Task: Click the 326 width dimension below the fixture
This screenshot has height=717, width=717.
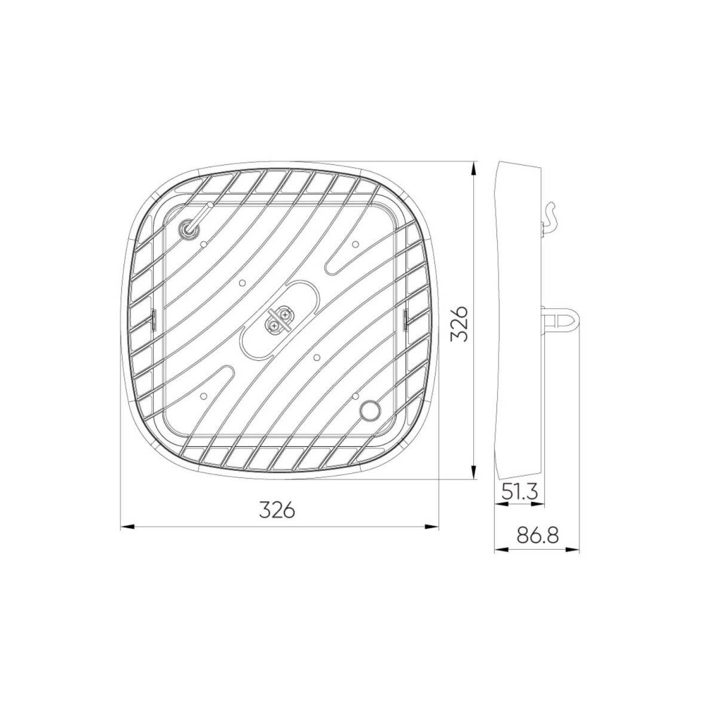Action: coord(277,510)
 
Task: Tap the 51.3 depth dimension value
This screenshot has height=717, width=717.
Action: coord(519,492)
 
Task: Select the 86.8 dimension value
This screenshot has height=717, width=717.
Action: coord(538,535)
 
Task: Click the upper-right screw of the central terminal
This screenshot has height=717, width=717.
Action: coord(286,312)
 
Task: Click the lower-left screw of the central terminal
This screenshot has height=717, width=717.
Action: coord(273,325)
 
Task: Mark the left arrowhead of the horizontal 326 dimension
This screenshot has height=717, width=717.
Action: coord(125,526)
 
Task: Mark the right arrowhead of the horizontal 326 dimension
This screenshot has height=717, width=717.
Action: coord(434,526)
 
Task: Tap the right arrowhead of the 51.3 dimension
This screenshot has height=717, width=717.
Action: coord(540,504)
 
